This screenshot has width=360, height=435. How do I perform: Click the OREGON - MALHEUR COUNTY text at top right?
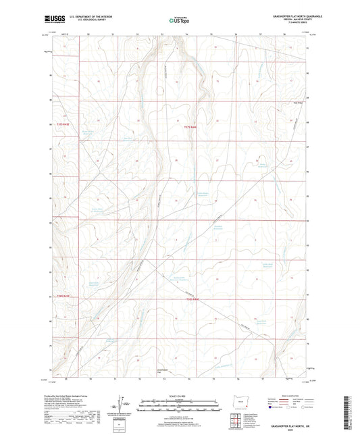(278, 20)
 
